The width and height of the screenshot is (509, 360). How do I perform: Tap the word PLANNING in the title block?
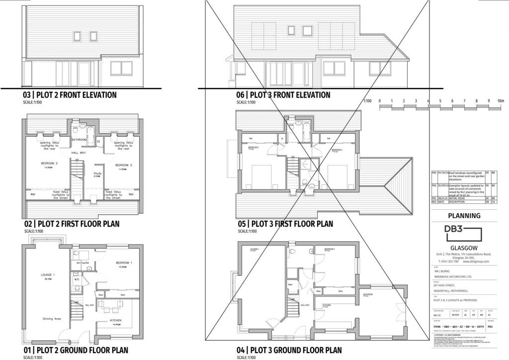coord(464,216)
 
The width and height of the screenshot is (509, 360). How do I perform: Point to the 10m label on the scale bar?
coord(501,101)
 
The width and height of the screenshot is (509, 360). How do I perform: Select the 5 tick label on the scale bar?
coord(440,101)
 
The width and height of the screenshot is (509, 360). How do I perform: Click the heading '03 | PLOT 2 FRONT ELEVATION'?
coord(70,95)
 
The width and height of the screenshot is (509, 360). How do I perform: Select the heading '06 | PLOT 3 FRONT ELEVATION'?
coord(283,95)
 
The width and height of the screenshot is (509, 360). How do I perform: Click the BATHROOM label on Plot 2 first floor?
coord(80,140)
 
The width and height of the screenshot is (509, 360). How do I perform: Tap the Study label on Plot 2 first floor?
coord(97,174)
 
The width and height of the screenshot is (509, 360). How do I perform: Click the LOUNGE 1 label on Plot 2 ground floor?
coord(47,274)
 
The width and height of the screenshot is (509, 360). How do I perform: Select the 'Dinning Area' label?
coord(52,319)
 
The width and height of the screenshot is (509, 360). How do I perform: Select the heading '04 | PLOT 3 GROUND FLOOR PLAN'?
coord(289,350)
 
